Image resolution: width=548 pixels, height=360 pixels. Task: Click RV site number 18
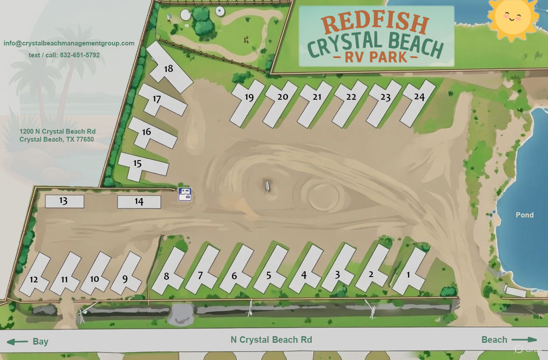click(x=168, y=68)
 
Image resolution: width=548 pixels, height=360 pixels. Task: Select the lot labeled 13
click(x=64, y=201)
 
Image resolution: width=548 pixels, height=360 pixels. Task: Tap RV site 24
click(x=419, y=97)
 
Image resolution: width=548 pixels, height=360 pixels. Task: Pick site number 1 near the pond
click(x=408, y=274)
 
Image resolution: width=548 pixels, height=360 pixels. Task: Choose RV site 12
click(x=34, y=279)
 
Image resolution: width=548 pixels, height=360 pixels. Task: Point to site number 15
click(x=138, y=164)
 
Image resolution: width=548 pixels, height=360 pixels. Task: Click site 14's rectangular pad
click(x=139, y=202)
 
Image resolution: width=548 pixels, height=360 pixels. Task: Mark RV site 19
click(x=249, y=97)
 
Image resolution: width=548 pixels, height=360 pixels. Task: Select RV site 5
click(x=268, y=275)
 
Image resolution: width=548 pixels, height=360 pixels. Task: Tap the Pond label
click(x=525, y=215)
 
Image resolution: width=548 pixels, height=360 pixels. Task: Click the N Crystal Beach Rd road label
click(x=271, y=340)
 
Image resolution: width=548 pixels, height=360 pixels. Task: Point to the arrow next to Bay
click(x=17, y=341)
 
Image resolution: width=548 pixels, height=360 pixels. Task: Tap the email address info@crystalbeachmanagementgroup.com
click(x=69, y=43)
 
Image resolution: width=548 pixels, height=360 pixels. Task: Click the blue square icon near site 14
click(x=185, y=194)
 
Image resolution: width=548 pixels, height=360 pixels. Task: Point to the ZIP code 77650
click(x=84, y=139)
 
